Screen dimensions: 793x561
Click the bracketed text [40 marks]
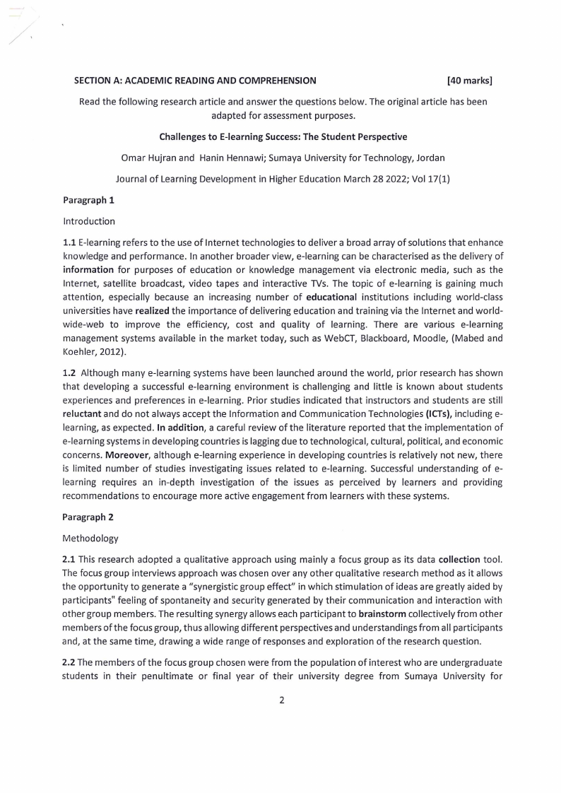pyautogui.click(x=470, y=81)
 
